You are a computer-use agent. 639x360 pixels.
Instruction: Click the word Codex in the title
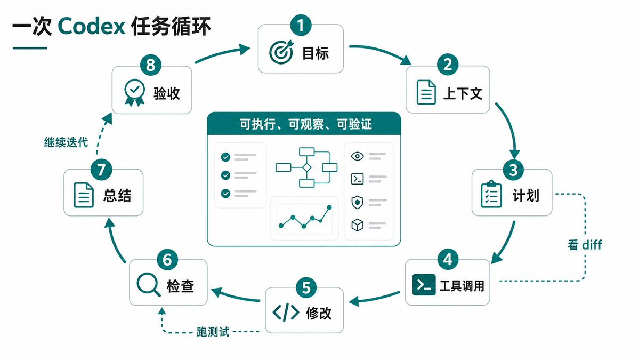(91, 27)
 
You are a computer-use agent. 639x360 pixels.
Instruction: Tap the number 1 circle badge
(301, 26)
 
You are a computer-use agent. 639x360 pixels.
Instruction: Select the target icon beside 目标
(281, 52)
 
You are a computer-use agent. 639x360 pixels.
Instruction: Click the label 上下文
(463, 93)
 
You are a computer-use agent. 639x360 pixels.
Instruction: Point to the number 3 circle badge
(513, 170)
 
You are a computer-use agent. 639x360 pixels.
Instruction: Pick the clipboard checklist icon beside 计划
(491, 195)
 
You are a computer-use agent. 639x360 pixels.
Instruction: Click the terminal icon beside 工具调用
(424, 285)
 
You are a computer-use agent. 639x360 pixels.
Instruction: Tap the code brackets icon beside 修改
(286, 313)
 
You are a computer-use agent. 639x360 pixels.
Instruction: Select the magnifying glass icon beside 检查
(148, 284)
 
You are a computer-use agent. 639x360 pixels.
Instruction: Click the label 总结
(117, 196)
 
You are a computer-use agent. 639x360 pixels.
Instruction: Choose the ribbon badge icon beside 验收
(134, 93)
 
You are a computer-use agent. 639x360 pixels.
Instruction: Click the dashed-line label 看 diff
(585, 245)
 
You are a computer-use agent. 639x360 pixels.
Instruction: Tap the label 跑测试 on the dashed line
(213, 332)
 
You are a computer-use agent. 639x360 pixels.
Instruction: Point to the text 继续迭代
(66, 142)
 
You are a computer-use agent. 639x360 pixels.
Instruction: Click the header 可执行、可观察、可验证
(306, 124)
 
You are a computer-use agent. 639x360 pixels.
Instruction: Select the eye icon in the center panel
(358, 156)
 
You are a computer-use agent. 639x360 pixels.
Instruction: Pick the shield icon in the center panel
(358, 202)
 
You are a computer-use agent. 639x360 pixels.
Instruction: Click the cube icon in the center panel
(358, 225)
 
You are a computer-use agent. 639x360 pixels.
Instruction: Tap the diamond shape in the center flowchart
(307, 167)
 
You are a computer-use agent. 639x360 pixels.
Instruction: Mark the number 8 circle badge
(151, 65)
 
